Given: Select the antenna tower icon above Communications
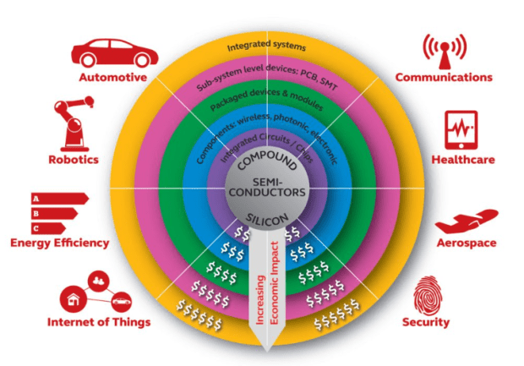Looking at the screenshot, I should point(444,51).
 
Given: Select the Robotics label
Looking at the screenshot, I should point(73,159).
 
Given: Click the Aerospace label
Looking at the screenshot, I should point(464,243).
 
